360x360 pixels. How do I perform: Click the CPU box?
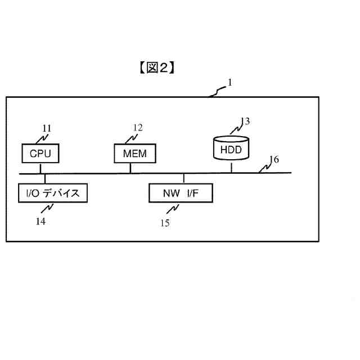click(x=40, y=153)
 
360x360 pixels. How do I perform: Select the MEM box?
click(x=134, y=153)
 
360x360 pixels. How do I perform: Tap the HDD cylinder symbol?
click(x=231, y=148)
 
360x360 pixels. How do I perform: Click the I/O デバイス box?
click(x=53, y=193)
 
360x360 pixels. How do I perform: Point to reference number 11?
click(x=47, y=128)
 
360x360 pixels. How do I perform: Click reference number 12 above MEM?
click(x=138, y=128)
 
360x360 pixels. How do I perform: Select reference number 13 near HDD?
click(x=245, y=121)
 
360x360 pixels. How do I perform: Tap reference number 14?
click(x=40, y=221)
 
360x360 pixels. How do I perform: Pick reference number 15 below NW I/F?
click(x=165, y=223)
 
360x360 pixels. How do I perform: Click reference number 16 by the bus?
click(x=273, y=159)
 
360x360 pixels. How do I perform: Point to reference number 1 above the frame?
click(x=229, y=83)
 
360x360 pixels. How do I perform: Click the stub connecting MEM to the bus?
click(x=130, y=167)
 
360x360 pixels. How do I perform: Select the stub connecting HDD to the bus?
click(x=231, y=167)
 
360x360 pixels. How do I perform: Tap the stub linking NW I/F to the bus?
click(x=183, y=178)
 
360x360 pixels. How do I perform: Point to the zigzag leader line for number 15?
click(x=174, y=209)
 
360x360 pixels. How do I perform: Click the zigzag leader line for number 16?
click(x=263, y=166)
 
